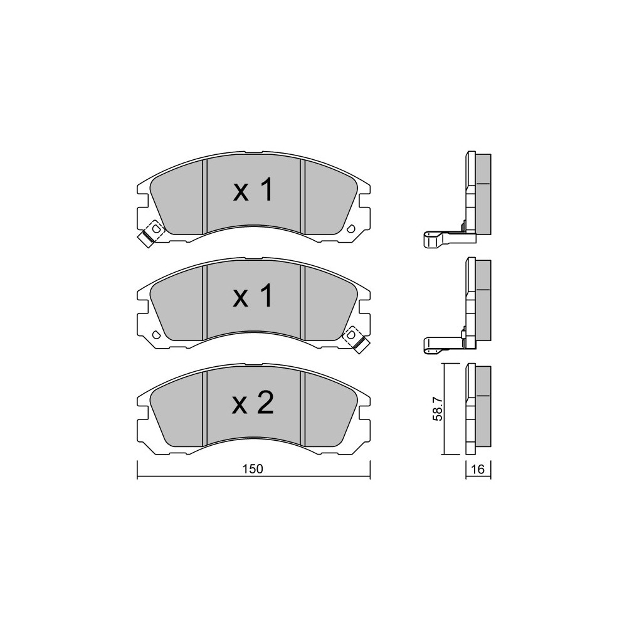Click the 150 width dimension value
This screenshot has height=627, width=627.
pos(253,469)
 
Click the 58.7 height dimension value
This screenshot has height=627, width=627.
pos(438,409)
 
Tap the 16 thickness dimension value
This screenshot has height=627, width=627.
pos(478,469)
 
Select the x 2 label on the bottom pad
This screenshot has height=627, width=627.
pos(253,403)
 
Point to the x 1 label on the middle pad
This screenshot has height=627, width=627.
pos(253,296)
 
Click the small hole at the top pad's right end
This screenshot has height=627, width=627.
pos(351,229)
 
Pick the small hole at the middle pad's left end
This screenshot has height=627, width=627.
pos(156,334)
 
